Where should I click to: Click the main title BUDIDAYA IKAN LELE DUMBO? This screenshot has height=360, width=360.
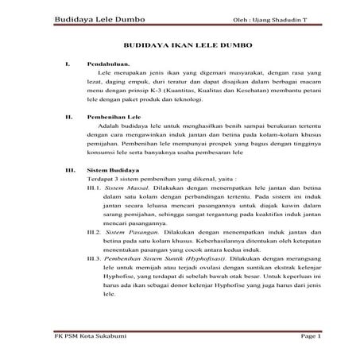(x=180, y=47)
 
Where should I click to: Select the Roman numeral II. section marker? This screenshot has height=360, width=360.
(x=69, y=117)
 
